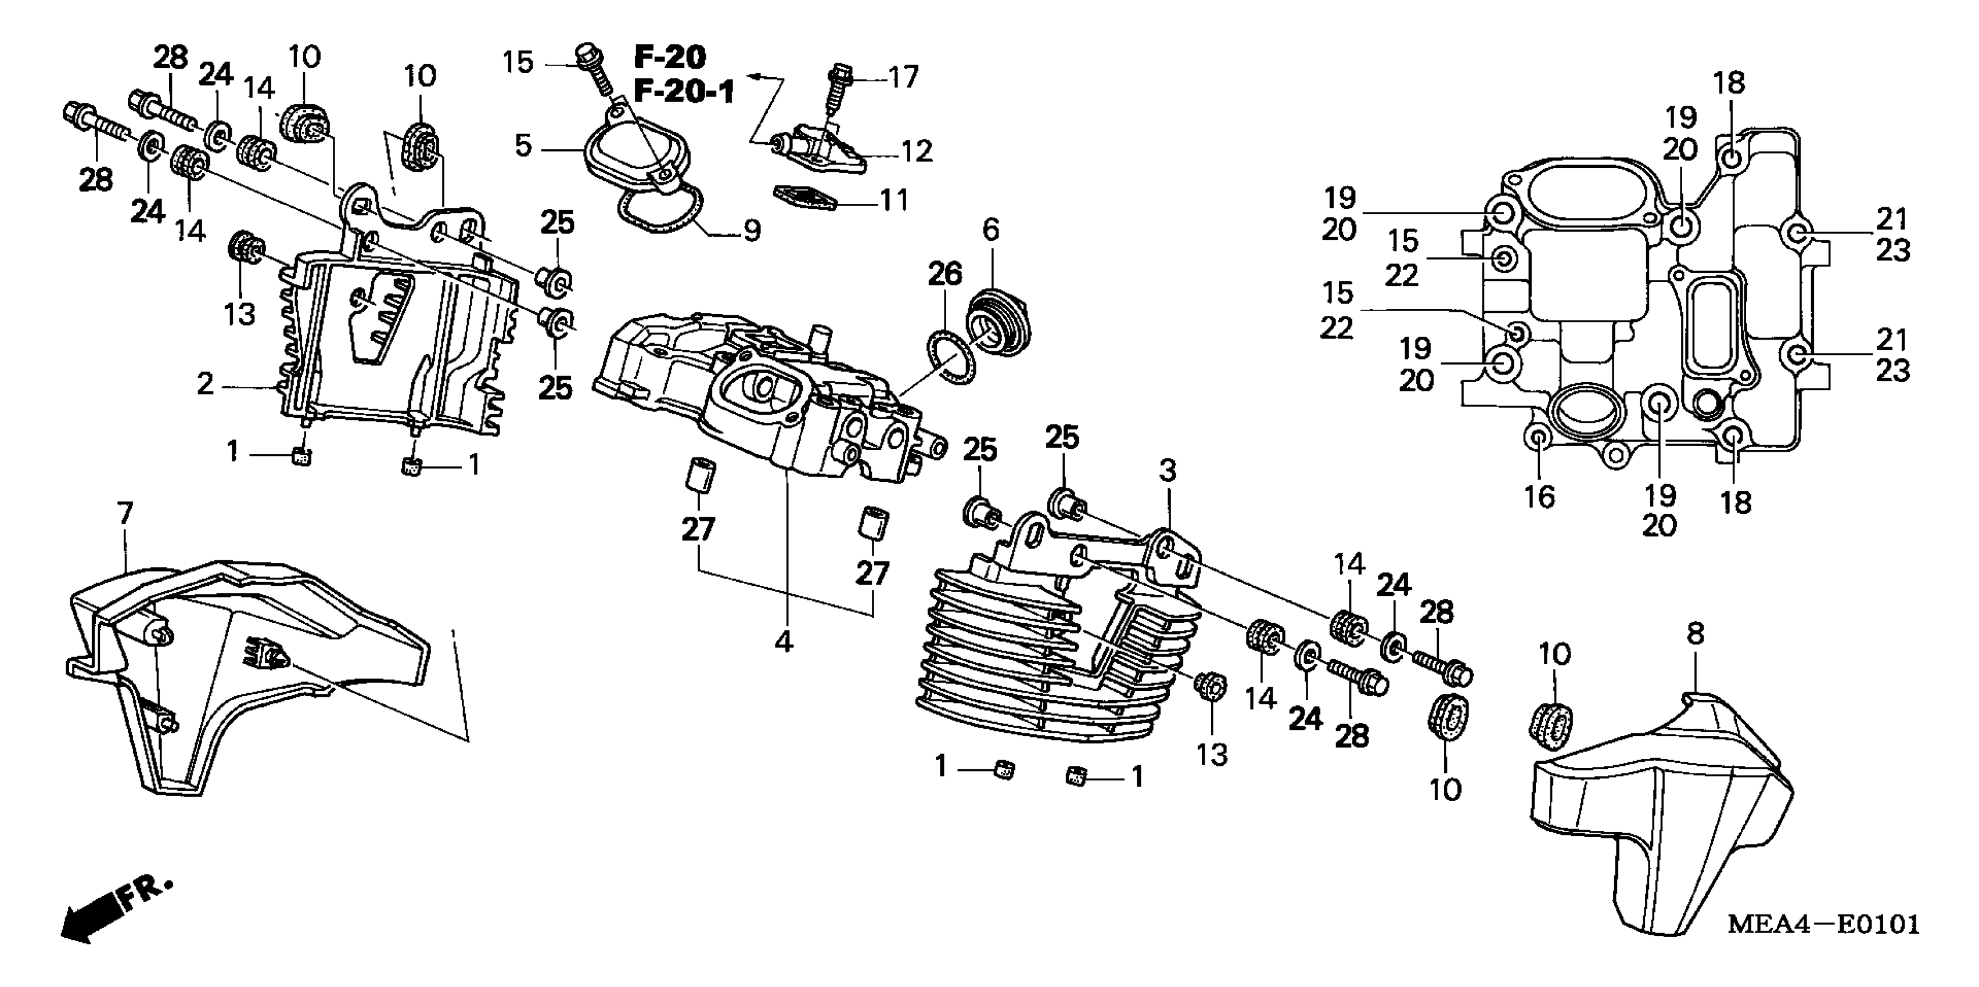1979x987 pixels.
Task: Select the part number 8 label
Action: [x=1696, y=633]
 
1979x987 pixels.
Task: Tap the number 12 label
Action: [x=916, y=152]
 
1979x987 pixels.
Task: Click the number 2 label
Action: [x=205, y=384]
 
